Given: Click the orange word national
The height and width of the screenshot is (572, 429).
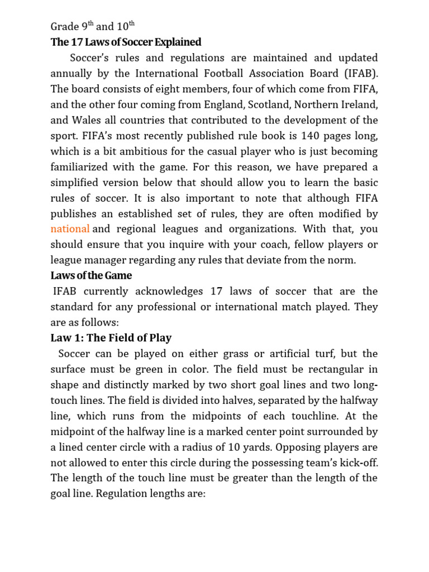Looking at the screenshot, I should pos(70,229).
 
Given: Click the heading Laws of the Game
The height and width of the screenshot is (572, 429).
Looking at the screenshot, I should pos(91,276).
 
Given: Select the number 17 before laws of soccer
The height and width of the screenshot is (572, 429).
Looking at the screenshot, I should pos(217,291).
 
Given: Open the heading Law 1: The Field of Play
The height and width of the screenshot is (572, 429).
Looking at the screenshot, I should pos(111,338).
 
